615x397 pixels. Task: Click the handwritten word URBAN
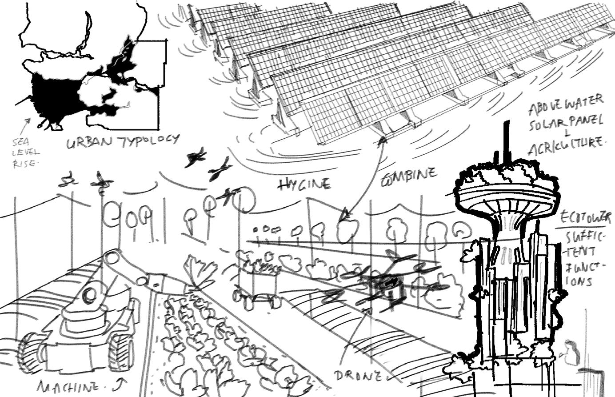coord(85,144)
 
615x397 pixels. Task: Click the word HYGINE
coord(304,184)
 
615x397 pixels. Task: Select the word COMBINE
coord(409,175)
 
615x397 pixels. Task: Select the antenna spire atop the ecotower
coord(505,142)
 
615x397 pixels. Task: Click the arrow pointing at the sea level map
coord(28,123)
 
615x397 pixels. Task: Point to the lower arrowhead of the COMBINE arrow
coord(343,218)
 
